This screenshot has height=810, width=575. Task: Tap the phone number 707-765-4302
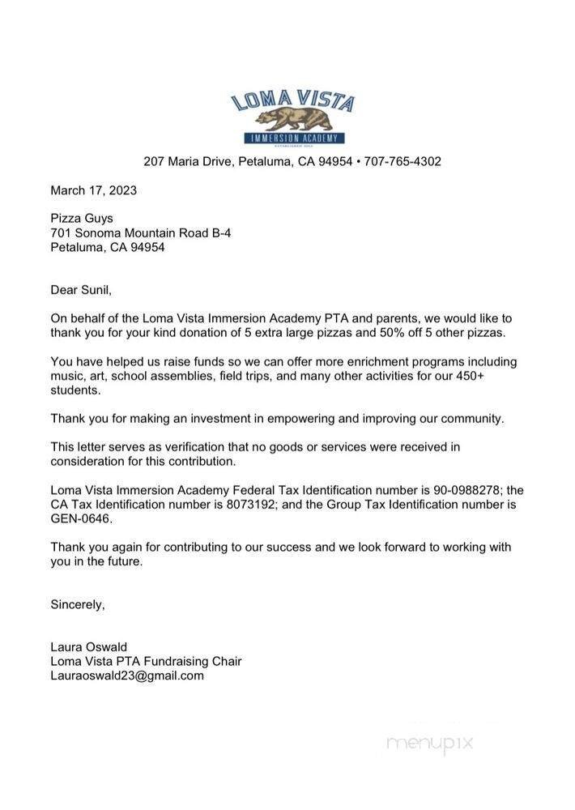tap(402, 161)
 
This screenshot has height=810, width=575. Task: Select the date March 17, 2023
tap(93, 190)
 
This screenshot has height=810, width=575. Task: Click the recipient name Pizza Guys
tap(82, 218)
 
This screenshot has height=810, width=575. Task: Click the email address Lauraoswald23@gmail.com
tap(127, 675)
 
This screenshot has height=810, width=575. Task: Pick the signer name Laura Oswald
tap(89, 647)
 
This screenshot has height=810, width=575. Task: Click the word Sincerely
tap(78, 603)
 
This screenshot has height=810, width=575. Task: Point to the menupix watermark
tap(429, 744)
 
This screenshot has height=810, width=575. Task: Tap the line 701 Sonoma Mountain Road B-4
tap(141, 232)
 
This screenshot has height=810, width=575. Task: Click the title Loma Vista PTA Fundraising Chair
tap(146, 661)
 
